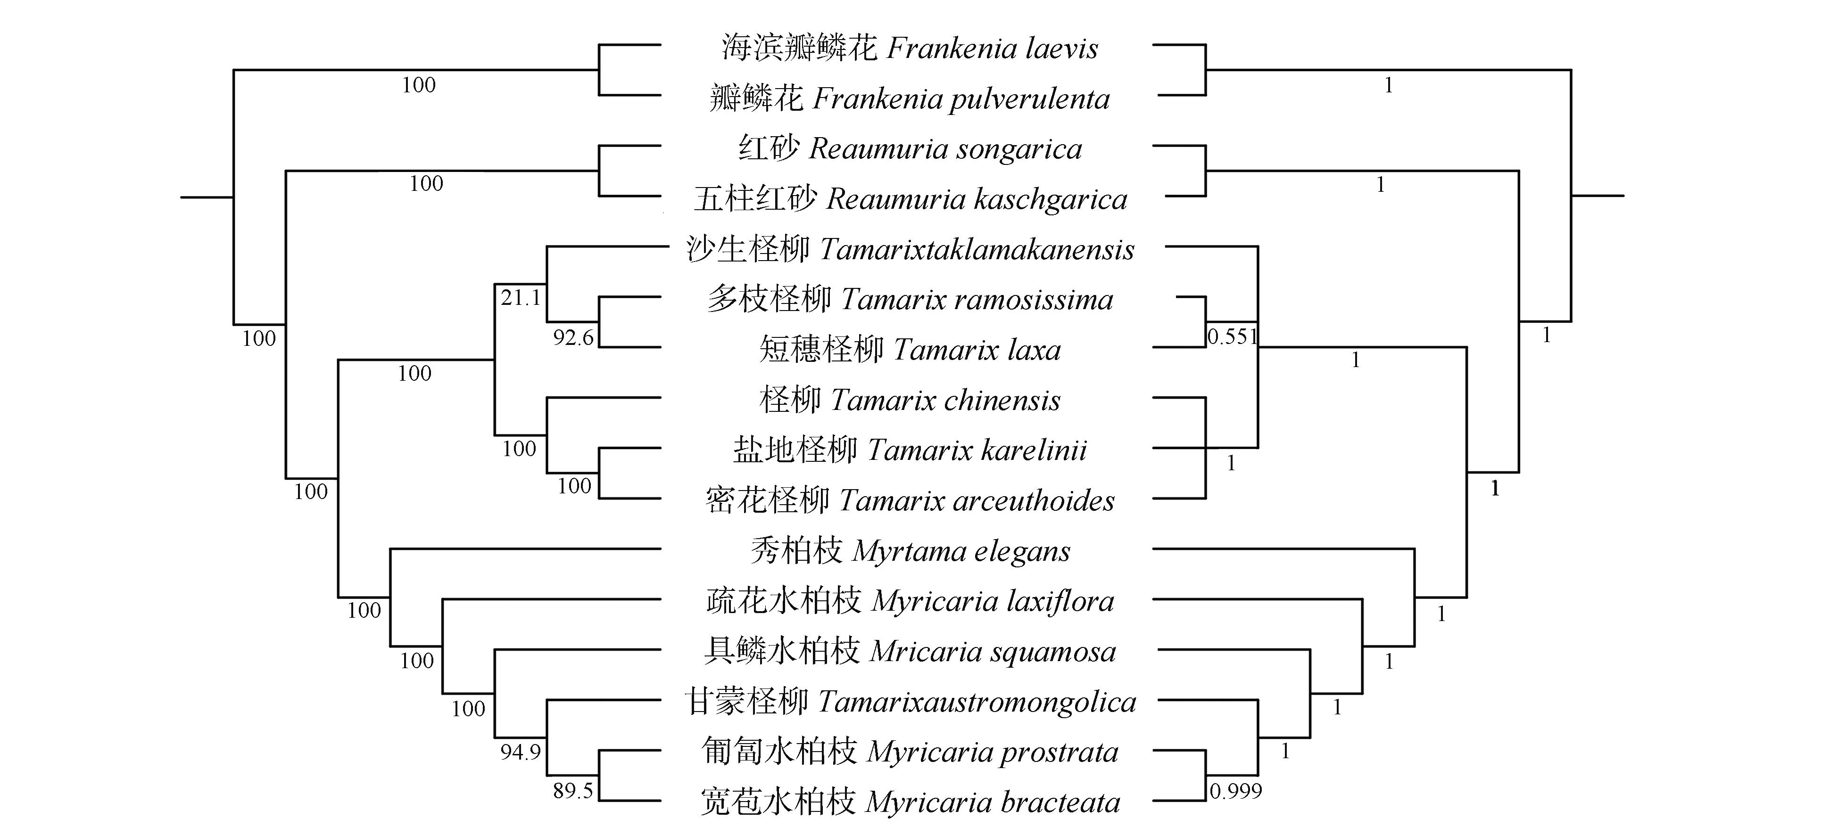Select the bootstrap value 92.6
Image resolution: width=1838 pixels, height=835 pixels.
point(573,337)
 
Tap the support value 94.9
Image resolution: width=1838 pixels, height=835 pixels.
point(520,752)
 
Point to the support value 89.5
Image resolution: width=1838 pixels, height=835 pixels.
point(573,791)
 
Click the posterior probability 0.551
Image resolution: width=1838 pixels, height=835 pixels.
point(1232,336)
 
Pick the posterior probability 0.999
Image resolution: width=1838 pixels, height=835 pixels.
point(1236,791)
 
